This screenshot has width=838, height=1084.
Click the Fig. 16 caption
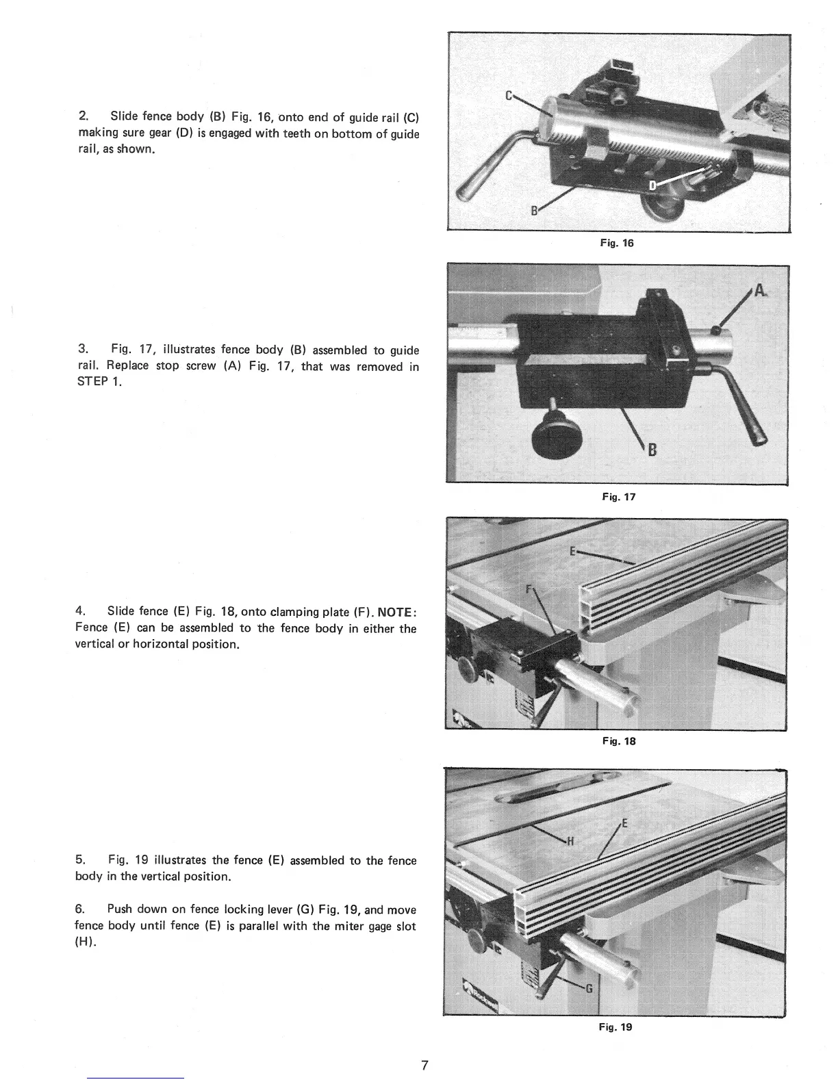617,243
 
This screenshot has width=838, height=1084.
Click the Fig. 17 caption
618,497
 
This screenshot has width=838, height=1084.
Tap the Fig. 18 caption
618,740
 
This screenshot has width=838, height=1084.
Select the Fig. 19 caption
615,1027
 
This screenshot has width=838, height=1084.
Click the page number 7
424,1065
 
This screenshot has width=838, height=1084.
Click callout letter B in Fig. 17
652,450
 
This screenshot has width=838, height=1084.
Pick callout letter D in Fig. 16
652,185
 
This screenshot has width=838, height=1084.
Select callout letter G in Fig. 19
589,988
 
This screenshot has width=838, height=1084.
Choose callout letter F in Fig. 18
529,590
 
